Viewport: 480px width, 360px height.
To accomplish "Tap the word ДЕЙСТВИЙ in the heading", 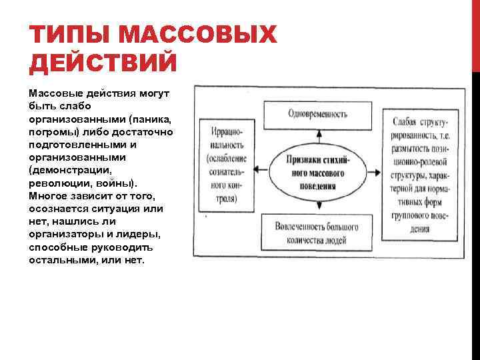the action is pos(103,64).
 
